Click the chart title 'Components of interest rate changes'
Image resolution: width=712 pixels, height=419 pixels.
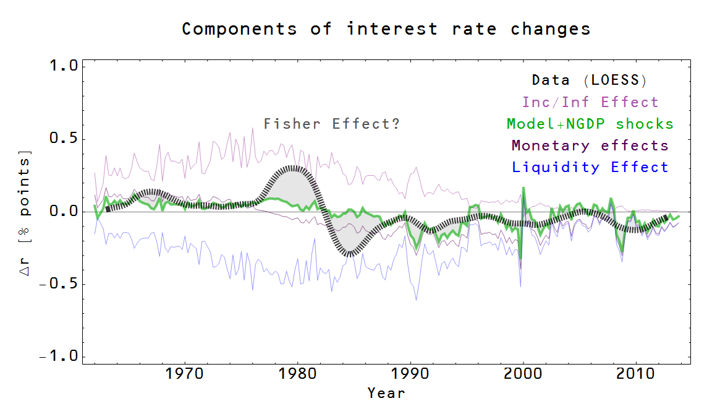point(386,29)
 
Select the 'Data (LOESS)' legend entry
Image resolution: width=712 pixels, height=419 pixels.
point(589,80)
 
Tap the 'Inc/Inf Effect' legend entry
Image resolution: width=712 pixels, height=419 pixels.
point(590,102)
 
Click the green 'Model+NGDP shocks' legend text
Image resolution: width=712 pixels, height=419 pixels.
point(590,124)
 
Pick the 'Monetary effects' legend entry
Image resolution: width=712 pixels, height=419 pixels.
point(590,145)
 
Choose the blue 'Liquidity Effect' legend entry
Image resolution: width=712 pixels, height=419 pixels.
point(590,167)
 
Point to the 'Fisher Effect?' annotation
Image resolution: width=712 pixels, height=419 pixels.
point(332,124)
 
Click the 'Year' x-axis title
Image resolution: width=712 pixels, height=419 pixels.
point(386,393)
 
